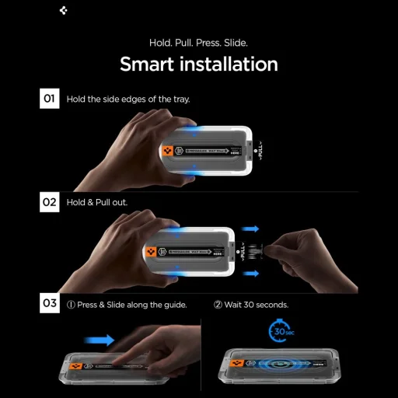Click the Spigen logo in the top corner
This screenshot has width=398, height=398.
point(63,12)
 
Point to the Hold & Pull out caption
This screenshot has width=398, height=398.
point(97,202)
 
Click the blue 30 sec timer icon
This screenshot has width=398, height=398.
point(280,330)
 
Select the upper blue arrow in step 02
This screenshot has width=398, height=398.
point(250,230)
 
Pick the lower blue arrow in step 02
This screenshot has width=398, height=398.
point(250,272)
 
